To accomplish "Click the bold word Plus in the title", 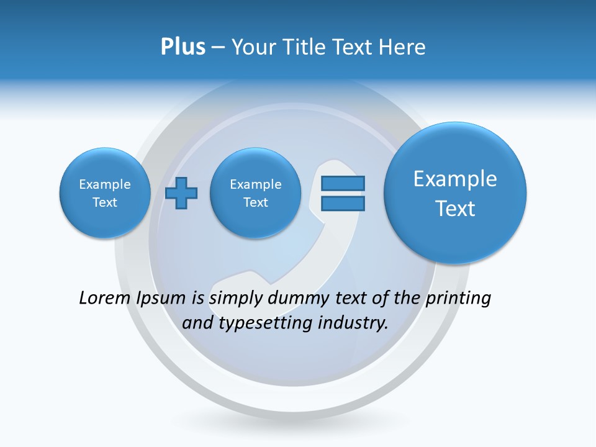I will tap(183, 47).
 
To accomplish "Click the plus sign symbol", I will tap(181, 193).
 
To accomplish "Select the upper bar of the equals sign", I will tap(343, 184).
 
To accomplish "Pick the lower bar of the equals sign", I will tap(343, 203).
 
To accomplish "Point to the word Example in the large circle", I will tap(455, 179).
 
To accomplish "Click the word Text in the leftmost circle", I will tap(105, 202).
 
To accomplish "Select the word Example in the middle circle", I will tap(255, 184).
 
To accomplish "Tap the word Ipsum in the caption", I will tap(161, 298).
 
